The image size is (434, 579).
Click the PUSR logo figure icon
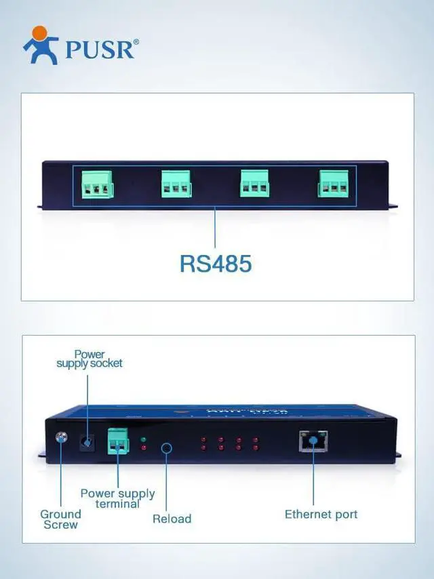(x=41, y=45)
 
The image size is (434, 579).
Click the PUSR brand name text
(x=102, y=49)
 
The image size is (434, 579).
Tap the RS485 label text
(x=216, y=263)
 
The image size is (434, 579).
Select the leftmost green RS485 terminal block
(x=97, y=183)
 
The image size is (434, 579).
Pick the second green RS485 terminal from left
(x=176, y=183)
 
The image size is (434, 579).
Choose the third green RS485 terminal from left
(x=254, y=183)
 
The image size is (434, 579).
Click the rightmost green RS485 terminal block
(x=334, y=183)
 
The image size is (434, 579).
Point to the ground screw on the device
(x=62, y=437)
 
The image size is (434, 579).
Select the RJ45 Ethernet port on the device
(x=313, y=441)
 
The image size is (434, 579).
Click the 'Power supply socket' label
(x=90, y=359)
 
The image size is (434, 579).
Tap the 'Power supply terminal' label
(x=117, y=498)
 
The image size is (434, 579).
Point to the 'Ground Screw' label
(x=60, y=519)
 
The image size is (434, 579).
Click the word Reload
(x=172, y=519)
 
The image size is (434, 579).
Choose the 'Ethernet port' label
(x=321, y=514)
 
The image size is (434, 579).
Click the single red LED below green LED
(x=143, y=450)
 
